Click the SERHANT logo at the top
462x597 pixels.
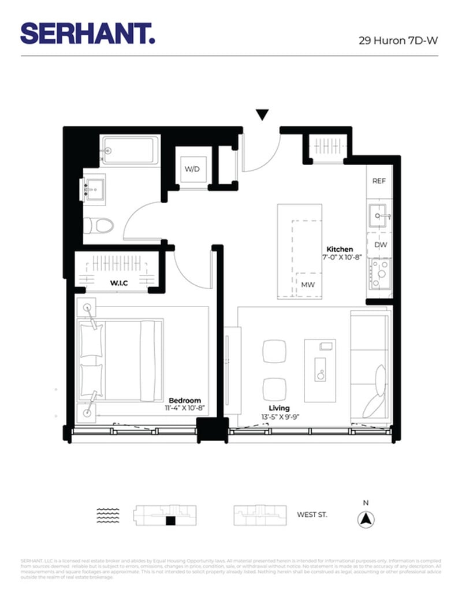click(88, 33)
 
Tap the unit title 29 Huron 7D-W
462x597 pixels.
click(398, 40)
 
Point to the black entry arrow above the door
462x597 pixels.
click(262, 115)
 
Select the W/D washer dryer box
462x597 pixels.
click(192, 169)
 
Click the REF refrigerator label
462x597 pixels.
click(379, 181)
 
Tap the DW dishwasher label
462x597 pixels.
click(379, 245)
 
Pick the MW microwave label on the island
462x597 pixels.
click(308, 284)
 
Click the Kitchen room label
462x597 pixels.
click(340, 249)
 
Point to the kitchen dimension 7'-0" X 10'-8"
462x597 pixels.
click(341, 258)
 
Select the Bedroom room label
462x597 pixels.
click(185, 400)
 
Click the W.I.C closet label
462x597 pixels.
click(119, 283)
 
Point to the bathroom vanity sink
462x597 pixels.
click(93, 188)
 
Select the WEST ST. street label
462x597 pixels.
click(312, 514)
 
